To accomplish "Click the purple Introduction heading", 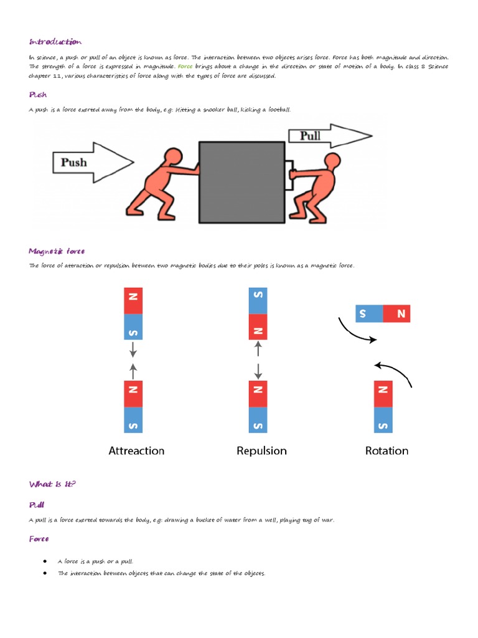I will (55, 42).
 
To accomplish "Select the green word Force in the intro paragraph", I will (185, 66).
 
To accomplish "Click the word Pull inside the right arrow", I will (310, 136).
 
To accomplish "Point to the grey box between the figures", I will (241, 182).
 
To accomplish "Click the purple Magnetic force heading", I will (57, 251).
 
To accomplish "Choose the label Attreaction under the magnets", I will (136, 450).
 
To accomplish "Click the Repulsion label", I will (261, 450).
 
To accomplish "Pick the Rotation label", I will (387, 450).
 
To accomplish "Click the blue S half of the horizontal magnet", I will (368, 314).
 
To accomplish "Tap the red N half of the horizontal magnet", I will (397, 314).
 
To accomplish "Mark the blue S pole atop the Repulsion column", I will (258, 300).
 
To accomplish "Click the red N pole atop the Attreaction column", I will (133, 300).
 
